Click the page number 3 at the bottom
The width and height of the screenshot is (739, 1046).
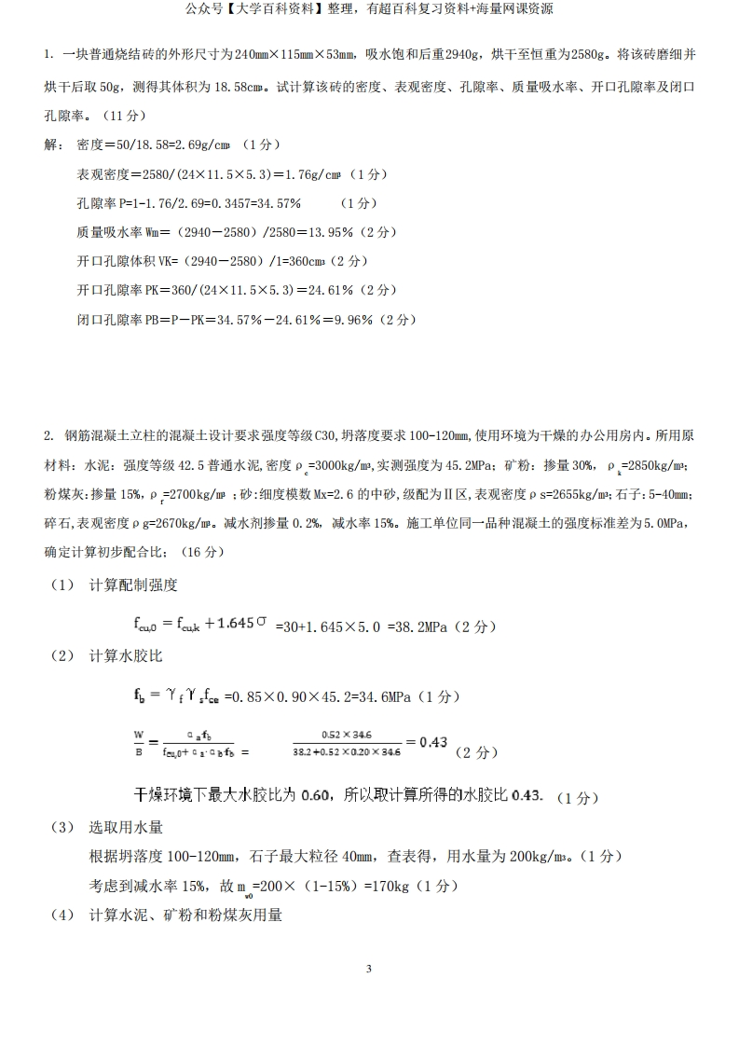(369, 969)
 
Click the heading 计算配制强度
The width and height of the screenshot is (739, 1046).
(133, 585)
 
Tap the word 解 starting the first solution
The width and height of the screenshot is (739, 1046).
(50, 145)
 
